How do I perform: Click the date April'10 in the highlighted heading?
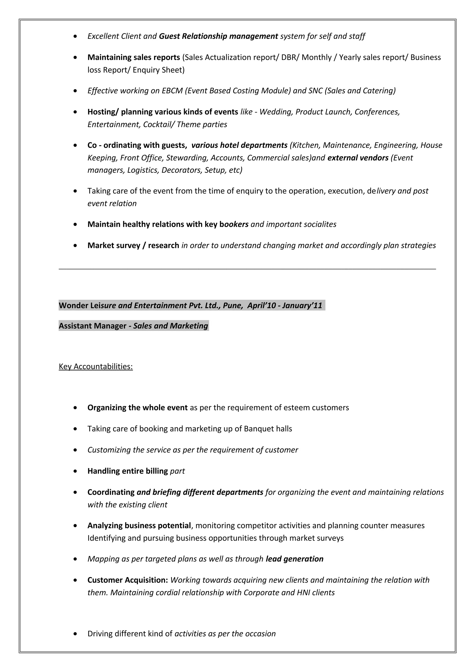[261, 306]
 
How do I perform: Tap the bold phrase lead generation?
[294, 559]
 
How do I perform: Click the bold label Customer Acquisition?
[128, 580]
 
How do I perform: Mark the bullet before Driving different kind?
[76, 634]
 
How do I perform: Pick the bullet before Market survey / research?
[76, 245]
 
